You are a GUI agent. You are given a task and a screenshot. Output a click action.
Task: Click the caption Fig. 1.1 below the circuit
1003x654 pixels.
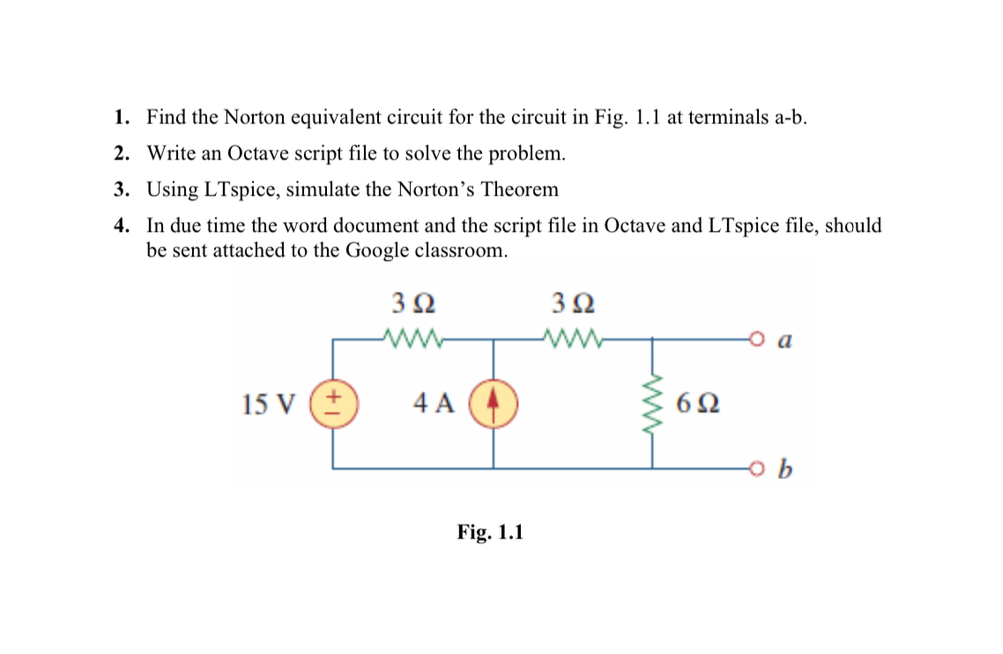point(490,532)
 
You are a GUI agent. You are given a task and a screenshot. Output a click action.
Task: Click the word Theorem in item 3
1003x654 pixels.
point(521,190)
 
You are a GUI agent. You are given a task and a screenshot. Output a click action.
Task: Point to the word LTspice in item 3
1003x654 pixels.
point(259,190)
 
